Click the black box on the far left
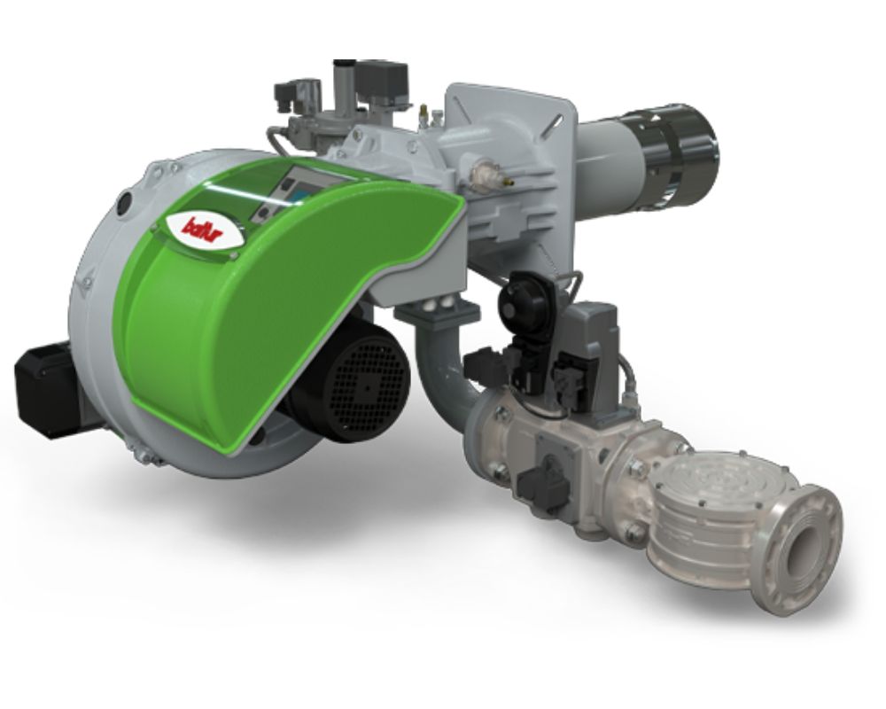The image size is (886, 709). pyautogui.click(x=46, y=389)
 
